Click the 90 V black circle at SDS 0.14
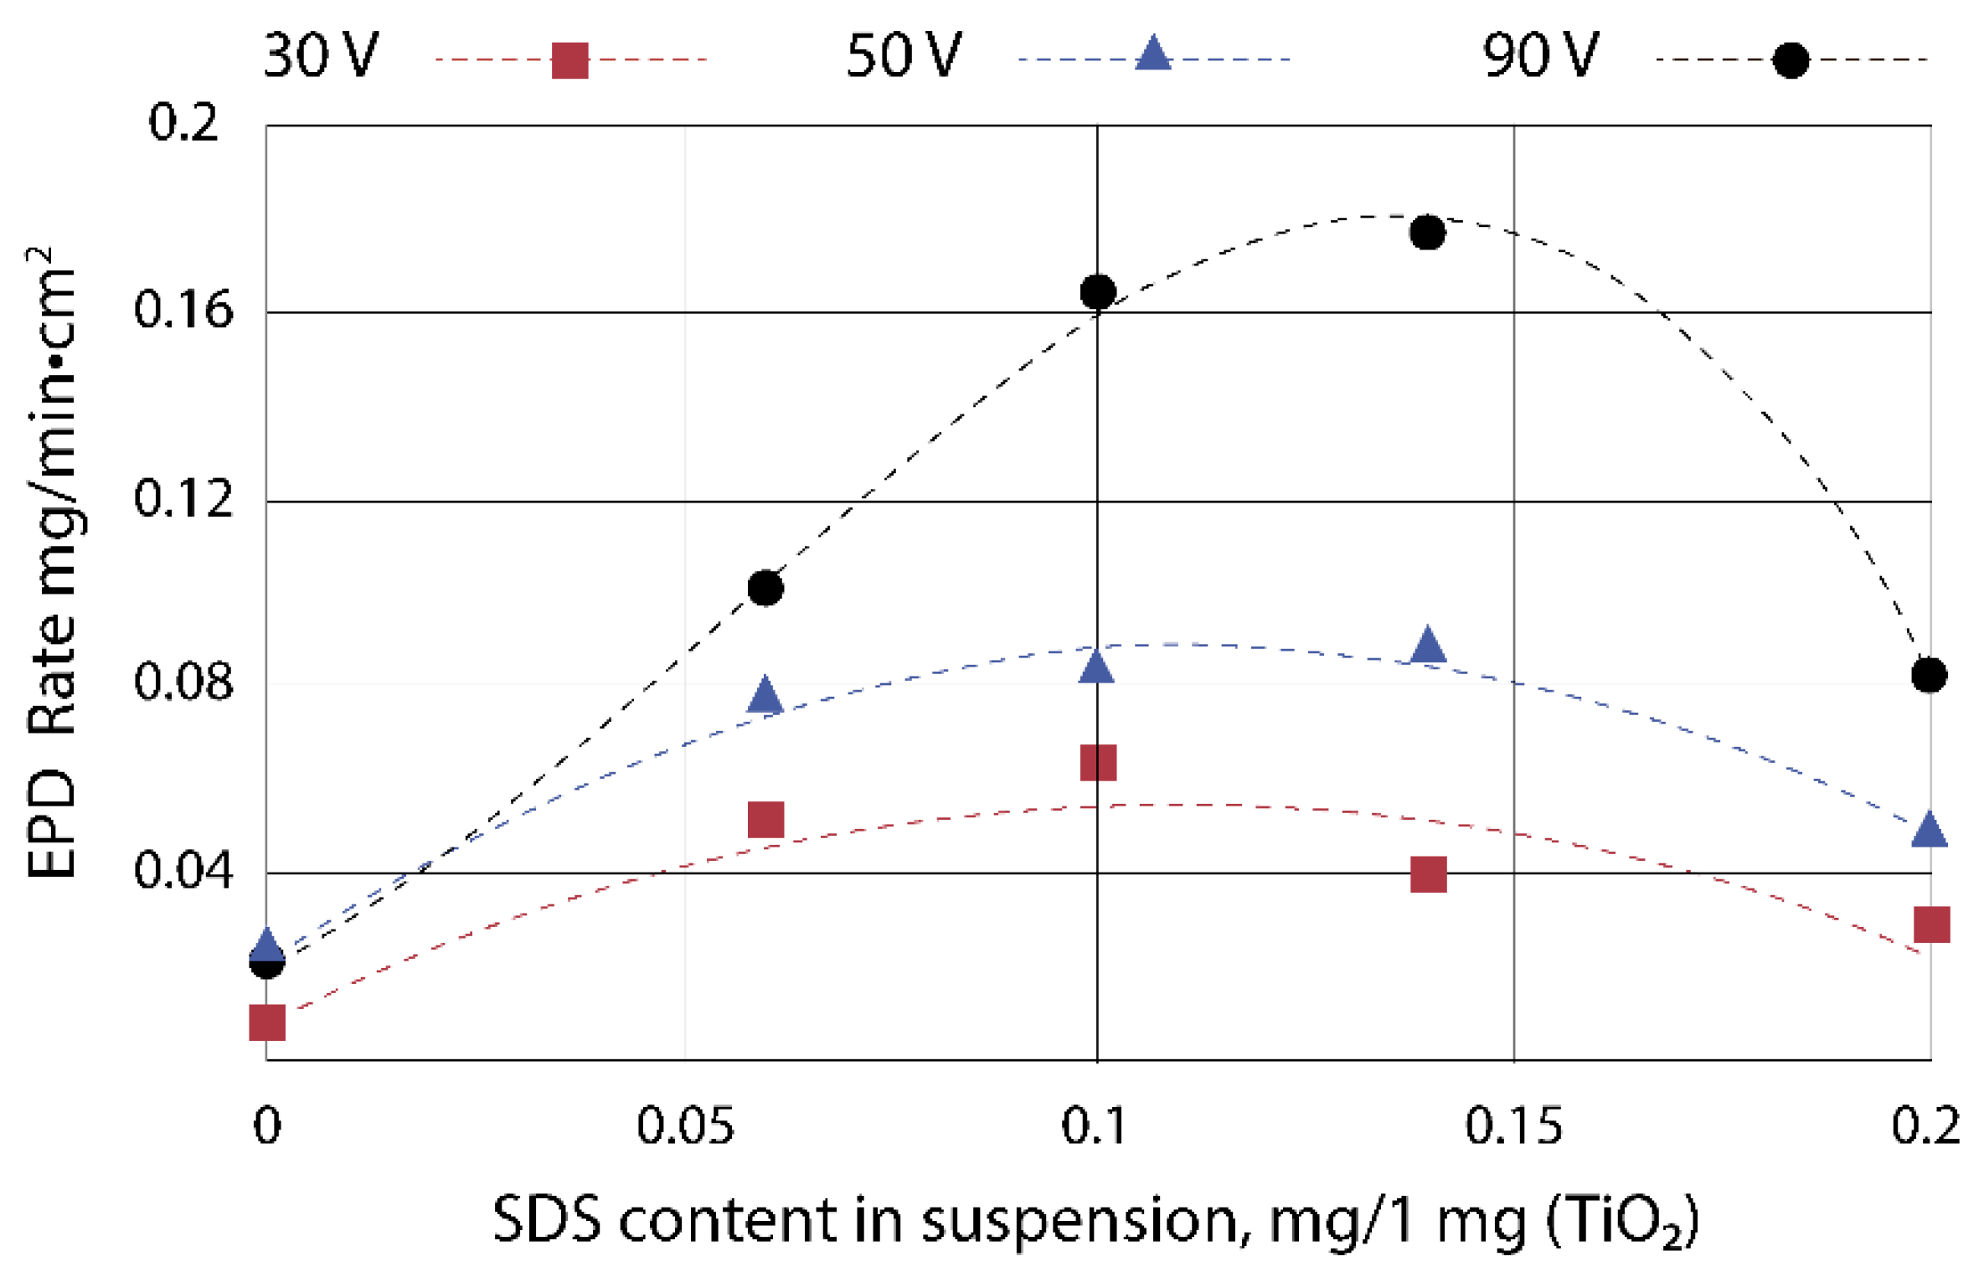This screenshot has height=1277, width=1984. (x=1427, y=232)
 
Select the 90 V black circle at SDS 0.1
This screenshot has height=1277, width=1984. (x=1098, y=292)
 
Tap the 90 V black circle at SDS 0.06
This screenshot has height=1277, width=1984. (x=765, y=588)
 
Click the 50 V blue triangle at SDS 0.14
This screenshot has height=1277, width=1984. (x=1428, y=646)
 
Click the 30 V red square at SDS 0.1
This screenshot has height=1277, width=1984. (x=1098, y=763)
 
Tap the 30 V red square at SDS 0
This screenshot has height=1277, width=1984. (x=267, y=1022)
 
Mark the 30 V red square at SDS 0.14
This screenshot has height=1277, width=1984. (x=1429, y=875)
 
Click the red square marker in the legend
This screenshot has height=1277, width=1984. (x=570, y=61)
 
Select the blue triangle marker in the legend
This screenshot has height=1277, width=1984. (x=1153, y=55)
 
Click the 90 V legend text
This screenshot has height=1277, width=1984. (x=1541, y=57)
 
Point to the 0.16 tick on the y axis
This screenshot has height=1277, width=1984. (x=183, y=311)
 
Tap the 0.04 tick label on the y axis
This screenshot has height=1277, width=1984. (x=183, y=871)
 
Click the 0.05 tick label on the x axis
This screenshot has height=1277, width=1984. (x=685, y=1126)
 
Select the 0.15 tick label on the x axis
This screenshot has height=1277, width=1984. (x=1513, y=1126)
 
